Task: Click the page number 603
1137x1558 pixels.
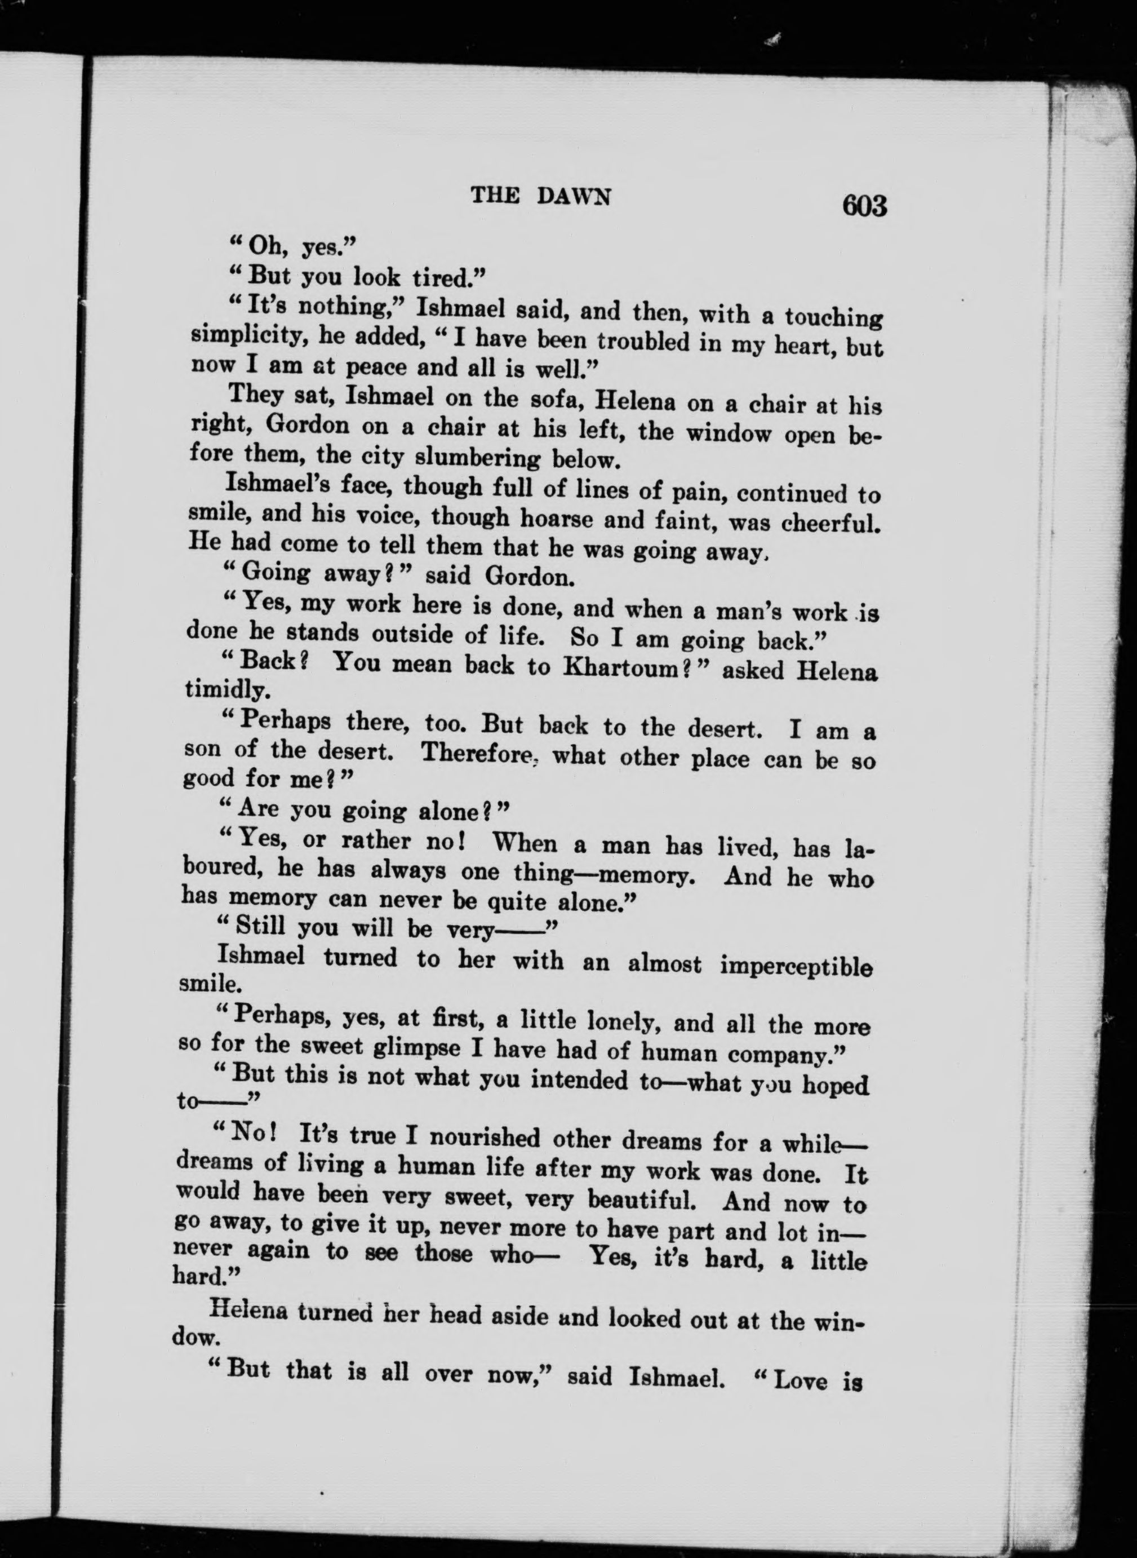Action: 863,206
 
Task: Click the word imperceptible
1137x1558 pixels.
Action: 796,967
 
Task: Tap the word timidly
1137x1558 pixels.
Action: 220,690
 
